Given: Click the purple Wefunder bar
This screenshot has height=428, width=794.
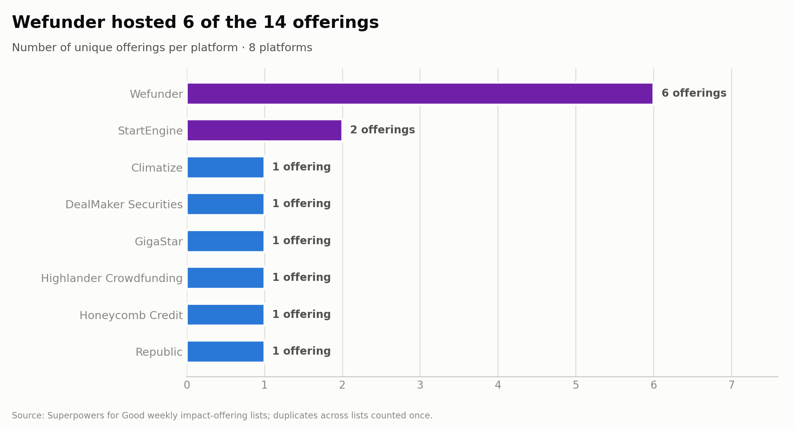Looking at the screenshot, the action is pos(420,94).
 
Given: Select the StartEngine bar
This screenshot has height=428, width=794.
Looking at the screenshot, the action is pos(265,130).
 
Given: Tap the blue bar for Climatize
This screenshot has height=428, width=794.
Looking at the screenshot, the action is pos(226,167).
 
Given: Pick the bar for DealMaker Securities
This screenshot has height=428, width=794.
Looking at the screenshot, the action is pos(226,204).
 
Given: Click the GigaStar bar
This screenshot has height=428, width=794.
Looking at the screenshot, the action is pos(226,241).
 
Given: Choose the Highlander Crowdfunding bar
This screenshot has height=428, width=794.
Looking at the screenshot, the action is pos(226,278).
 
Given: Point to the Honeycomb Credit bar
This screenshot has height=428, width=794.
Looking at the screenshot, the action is pos(226,315).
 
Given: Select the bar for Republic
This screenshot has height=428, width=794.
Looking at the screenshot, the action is pos(226,352).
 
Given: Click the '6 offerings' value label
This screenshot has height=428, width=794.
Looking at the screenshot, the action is pos(694,93).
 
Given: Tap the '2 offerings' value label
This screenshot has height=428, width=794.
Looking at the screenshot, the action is pos(382,130).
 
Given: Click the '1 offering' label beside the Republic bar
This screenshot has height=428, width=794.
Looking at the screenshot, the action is pos(301,351).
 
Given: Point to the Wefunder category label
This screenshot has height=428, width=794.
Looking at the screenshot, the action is pos(156,94).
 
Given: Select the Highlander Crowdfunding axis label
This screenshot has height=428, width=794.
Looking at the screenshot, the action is pos(112,278).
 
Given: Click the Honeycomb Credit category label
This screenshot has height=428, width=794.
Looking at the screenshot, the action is pos(131,315).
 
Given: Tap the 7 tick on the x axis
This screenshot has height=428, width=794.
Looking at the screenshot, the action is pos(731,385).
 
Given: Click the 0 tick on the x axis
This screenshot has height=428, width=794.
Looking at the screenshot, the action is pos(187,385).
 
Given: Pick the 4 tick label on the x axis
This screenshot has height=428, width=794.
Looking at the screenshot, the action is pos(498,385).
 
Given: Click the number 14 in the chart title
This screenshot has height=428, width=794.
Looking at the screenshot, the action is pos(275,22).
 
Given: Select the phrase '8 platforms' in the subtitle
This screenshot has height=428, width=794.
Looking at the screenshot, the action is pos(281,48).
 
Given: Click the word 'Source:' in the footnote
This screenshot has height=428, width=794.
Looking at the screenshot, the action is pos(28,415).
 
